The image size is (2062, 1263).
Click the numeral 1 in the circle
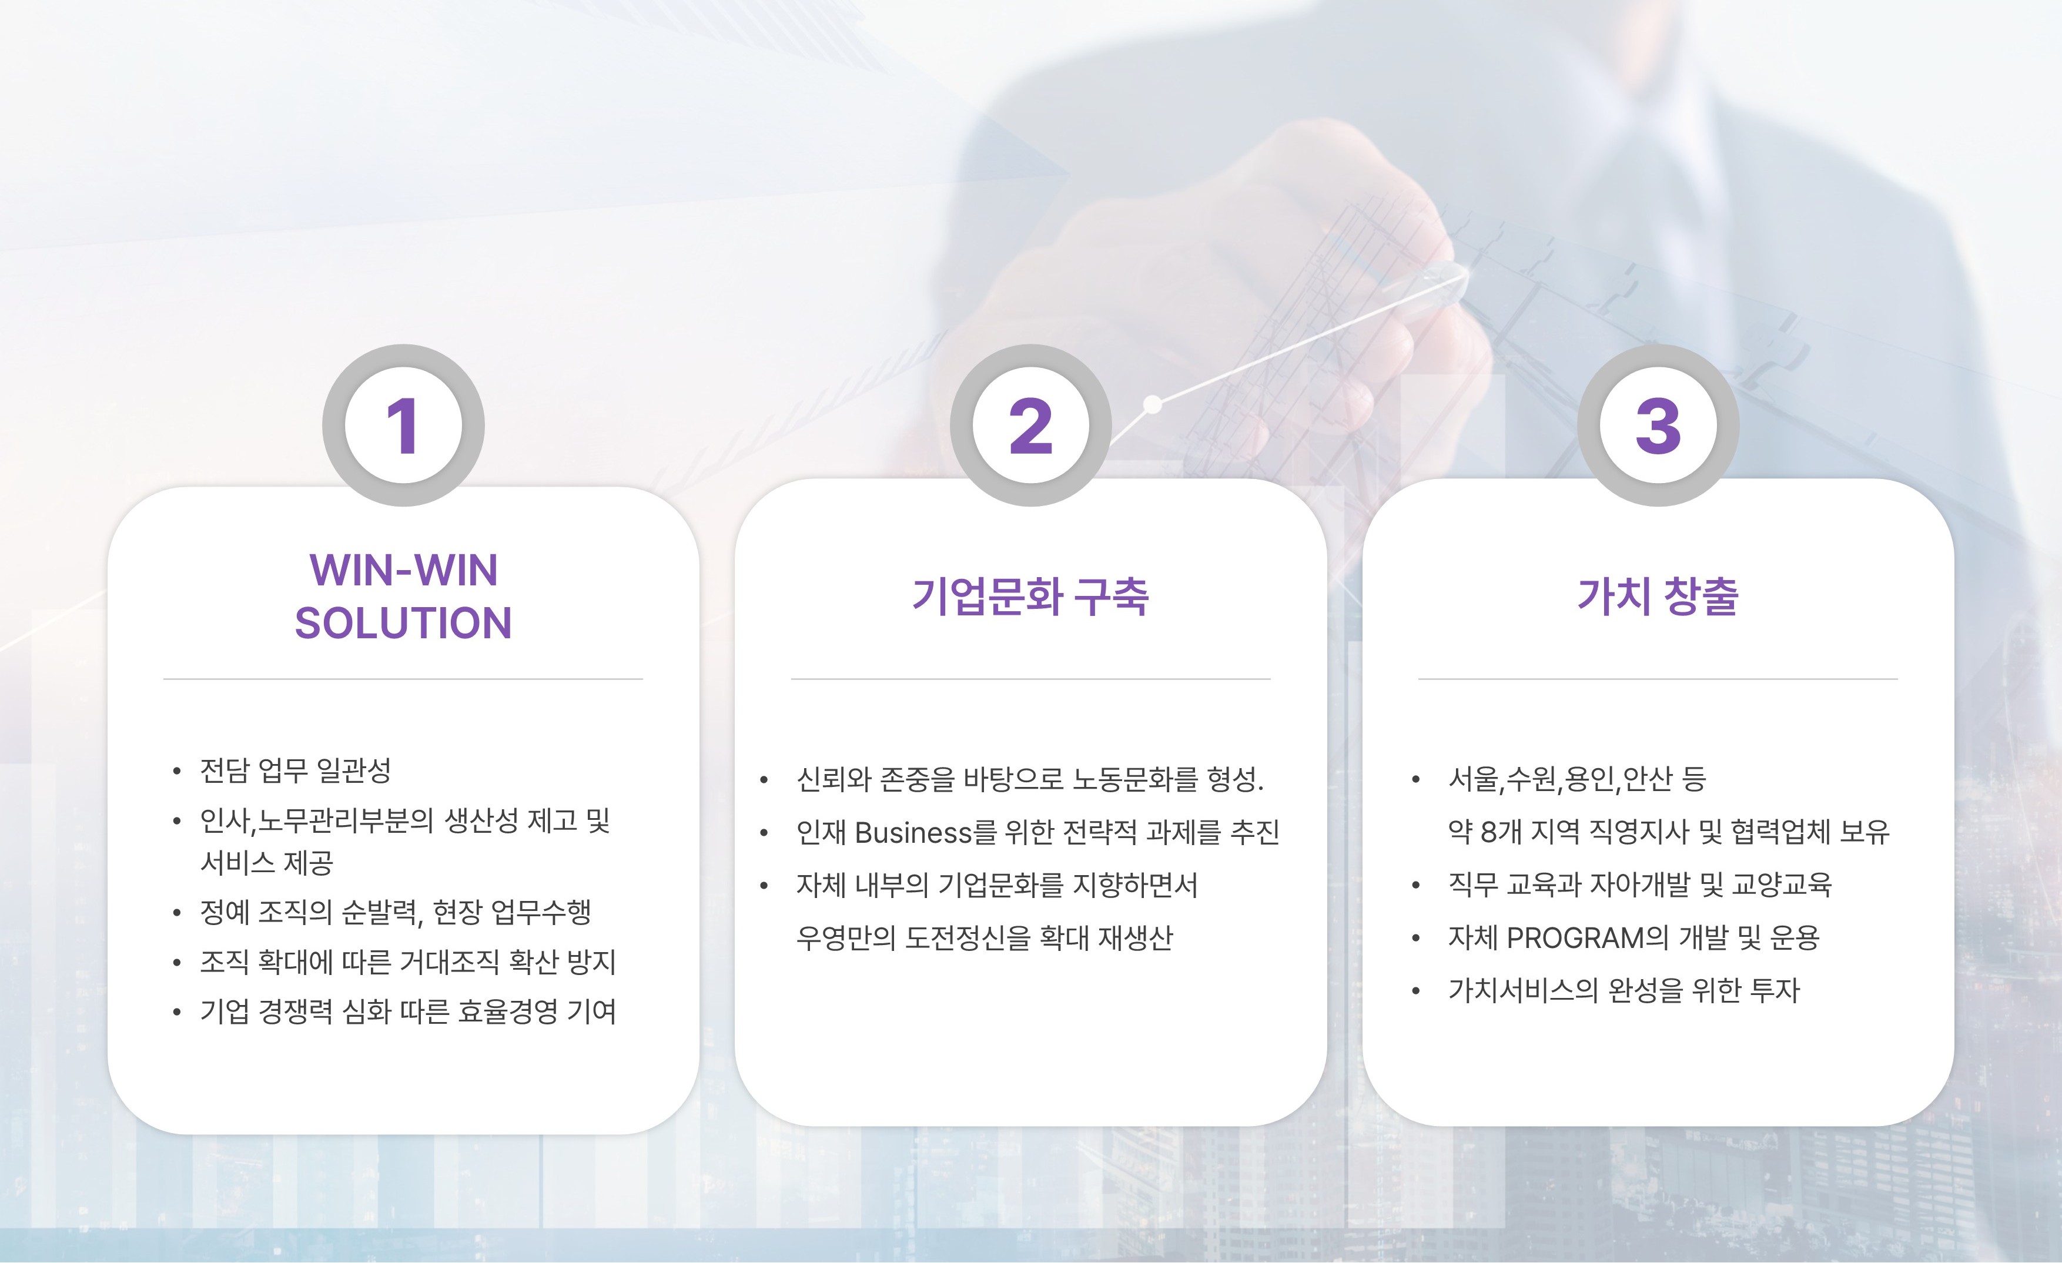pyautogui.click(x=403, y=426)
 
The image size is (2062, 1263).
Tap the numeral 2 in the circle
pyautogui.click(x=1030, y=426)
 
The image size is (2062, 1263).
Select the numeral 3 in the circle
pyautogui.click(x=1658, y=426)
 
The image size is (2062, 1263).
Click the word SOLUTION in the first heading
pyautogui.click(x=403, y=624)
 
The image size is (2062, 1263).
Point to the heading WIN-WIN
pyautogui.click(x=403, y=571)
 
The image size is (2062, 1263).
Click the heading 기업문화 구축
pyautogui.click(x=1030, y=597)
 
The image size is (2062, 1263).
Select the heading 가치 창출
pyautogui.click(x=1658, y=597)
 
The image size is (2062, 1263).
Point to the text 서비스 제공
pyautogui.click(x=267, y=863)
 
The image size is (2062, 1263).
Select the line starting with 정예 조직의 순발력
pyautogui.click(x=396, y=912)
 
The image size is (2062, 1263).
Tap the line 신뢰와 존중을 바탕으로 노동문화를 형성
pyautogui.click(x=1029, y=780)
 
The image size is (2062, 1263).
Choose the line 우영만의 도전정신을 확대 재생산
pyautogui.click(x=984, y=938)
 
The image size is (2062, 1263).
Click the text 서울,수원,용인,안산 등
pyautogui.click(x=1576, y=780)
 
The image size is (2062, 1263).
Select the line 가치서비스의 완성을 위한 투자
pyautogui.click(x=1624, y=991)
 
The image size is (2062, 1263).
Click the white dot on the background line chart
pyautogui.click(x=1152, y=405)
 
